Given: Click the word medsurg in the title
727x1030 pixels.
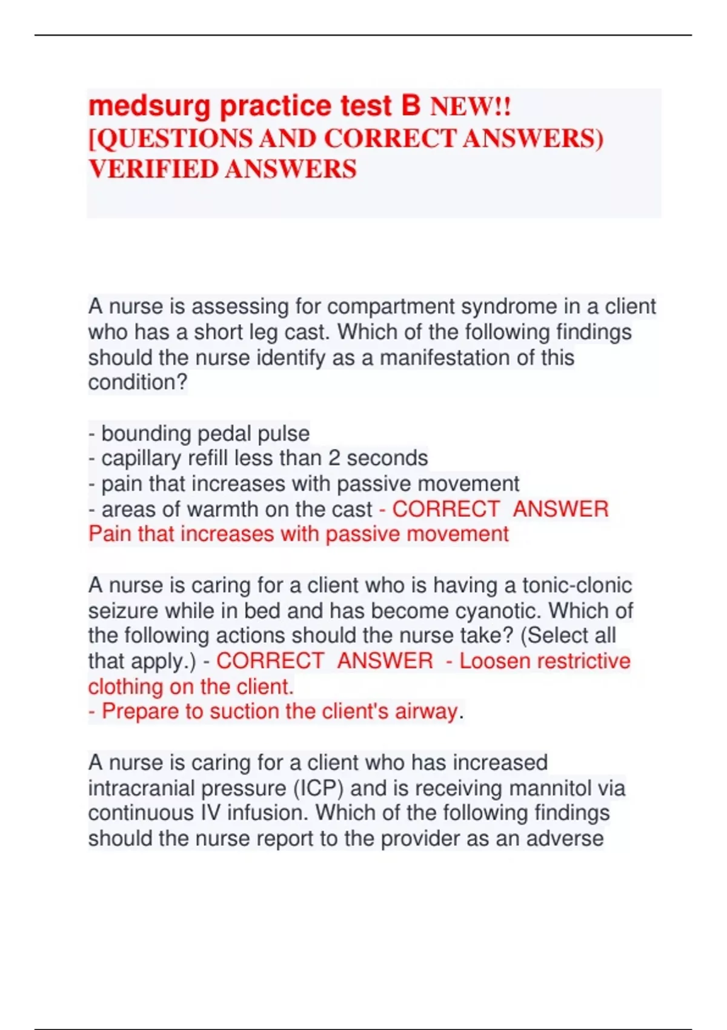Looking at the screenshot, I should click(x=150, y=107).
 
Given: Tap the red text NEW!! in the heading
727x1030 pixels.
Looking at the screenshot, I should click(x=470, y=107).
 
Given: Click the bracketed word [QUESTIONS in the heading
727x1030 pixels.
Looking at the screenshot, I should click(x=170, y=139).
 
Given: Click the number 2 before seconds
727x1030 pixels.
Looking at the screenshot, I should click(x=334, y=459).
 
